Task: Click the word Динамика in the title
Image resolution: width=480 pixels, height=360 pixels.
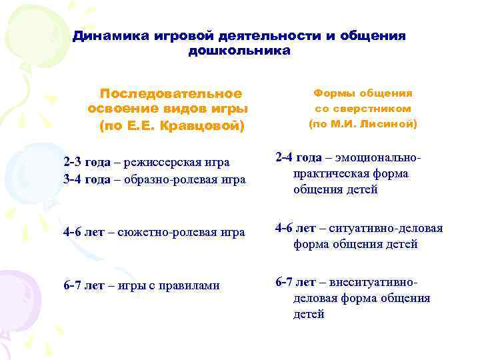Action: tap(105, 35)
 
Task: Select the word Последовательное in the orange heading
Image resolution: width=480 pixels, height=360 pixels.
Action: tap(171, 93)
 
